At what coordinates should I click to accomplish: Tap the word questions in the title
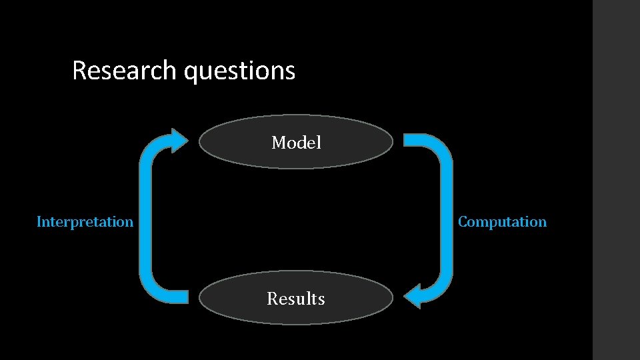point(239,71)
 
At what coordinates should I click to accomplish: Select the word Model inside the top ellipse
point(296,143)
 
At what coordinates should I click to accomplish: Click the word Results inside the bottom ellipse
point(296,299)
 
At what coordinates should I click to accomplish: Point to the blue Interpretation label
point(85,222)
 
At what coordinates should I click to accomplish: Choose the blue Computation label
point(502,222)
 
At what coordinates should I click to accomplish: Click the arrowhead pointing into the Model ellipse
point(180,141)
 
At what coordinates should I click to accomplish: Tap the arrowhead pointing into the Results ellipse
point(414,295)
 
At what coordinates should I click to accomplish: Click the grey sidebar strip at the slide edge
point(616,180)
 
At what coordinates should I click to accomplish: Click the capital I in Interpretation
point(39,222)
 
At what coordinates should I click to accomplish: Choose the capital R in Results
point(272,299)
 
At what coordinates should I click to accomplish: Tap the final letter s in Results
point(321,299)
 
